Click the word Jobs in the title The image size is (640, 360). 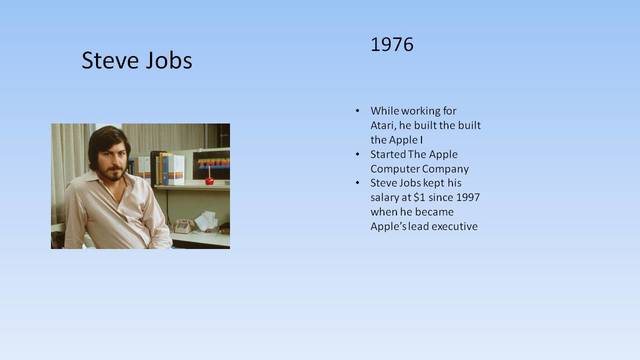[x=166, y=61]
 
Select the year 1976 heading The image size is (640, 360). [x=391, y=45]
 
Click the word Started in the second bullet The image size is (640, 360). [x=390, y=155]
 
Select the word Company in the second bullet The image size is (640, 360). [x=441, y=169]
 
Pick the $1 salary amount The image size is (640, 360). [x=423, y=198]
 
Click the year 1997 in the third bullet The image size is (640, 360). [x=466, y=198]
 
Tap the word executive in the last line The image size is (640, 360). [x=451, y=227]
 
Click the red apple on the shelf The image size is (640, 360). [x=209, y=180]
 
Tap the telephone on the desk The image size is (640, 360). [x=183, y=226]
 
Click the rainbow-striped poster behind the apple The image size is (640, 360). [x=213, y=163]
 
